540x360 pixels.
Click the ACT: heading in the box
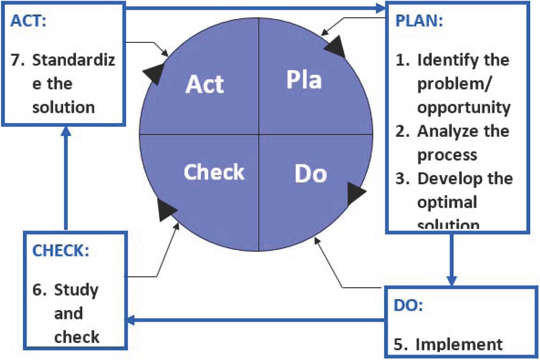[28, 20]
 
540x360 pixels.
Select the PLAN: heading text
[419, 20]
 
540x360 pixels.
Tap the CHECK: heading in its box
[60, 251]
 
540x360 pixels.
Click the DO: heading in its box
[408, 305]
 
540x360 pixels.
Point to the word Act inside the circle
[205, 84]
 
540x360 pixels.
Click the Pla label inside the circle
[304, 79]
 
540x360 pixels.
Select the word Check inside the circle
[214, 172]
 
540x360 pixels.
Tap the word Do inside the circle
[311, 174]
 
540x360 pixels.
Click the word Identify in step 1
[448, 60]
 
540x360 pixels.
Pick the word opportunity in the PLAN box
[464, 108]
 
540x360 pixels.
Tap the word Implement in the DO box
[459, 344]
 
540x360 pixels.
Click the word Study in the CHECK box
[76, 290]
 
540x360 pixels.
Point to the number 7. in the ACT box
[18, 60]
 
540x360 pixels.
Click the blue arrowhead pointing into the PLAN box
[380, 8]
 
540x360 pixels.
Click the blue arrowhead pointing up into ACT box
[66, 131]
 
